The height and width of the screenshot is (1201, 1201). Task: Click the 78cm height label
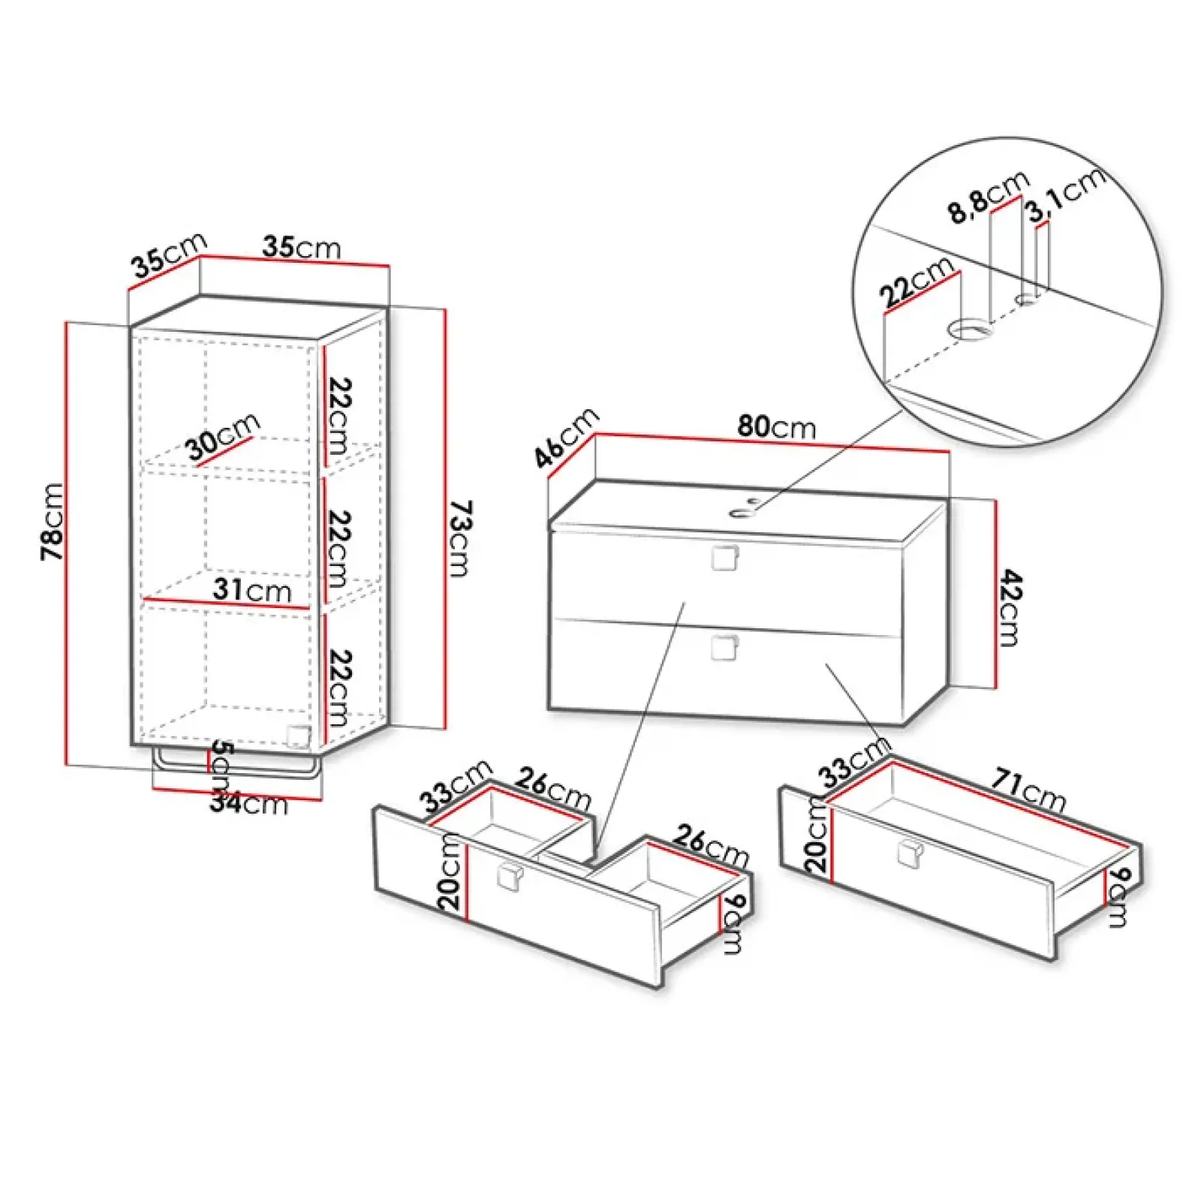[52, 521]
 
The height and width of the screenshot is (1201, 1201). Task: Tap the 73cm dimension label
[459, 537]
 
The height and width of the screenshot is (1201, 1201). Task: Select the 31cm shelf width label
[251, 589]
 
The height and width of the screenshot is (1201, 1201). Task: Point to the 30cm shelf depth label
[222, 436]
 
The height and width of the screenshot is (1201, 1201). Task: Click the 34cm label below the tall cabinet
[248, 803]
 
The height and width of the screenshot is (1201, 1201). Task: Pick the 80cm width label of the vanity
[776, 426]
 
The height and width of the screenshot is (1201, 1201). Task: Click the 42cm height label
[1010, 607]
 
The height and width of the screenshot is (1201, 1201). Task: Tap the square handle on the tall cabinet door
[298, 736]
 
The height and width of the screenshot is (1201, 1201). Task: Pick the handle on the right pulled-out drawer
[909, 853]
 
